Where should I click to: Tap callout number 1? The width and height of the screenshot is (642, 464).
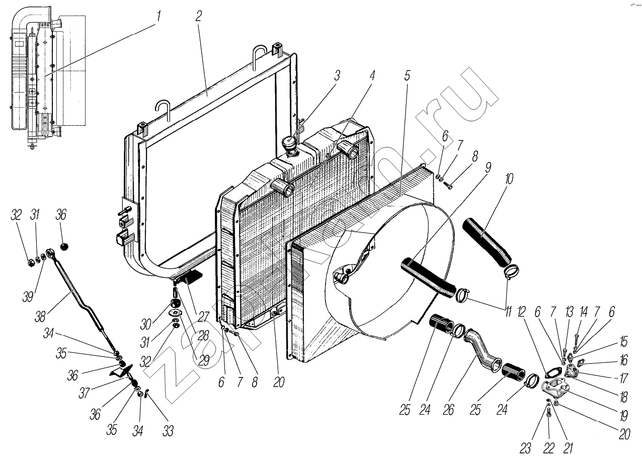click(x=157, y=17)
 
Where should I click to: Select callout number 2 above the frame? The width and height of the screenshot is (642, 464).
click(x=198, y=16)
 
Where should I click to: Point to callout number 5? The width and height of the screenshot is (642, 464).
click(x=407, y=75)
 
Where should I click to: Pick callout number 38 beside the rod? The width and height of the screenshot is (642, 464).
click(x=40, y=317)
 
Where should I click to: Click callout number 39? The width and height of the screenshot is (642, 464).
click(x=28, y=297)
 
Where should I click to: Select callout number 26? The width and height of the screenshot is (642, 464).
click(x=448, y=410)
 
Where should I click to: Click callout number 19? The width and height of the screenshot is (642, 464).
click(x=624, y=416)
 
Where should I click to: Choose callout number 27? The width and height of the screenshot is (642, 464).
click(x=203, y=317)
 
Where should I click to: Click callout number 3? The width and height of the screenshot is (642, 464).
click(x=337, y=75)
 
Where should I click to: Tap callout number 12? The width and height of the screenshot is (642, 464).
click(x=521, y=312)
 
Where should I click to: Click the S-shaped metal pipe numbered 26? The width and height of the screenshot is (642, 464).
click(x=483, y=352)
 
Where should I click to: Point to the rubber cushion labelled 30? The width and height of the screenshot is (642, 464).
click(x=175, y=302)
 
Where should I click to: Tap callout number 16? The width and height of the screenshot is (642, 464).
click(x=623, y=360)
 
